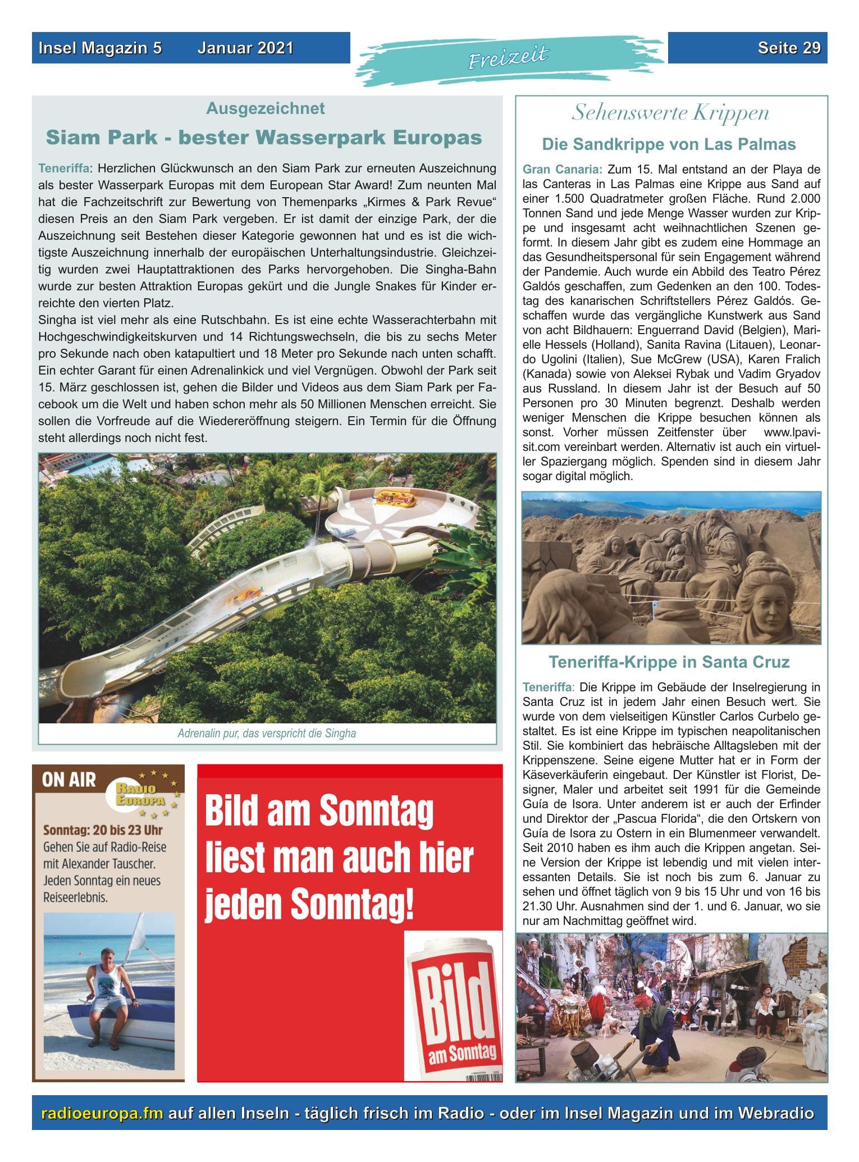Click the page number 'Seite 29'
click(x=788, y=48)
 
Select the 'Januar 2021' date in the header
click(x=245, y=48)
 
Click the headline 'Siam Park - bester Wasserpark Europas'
click(x=264, y=138)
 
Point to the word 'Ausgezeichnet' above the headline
click(x=266, y=108)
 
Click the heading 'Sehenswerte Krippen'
click(x=670, y=113)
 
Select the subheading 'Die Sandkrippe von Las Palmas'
click(x=669, y=144)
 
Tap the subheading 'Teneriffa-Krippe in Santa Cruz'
click(x=669, y=662)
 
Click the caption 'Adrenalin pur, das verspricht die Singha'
click(x=267, y=733)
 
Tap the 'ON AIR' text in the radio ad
click(x=69, y=780)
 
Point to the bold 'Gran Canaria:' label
click(x=563, y=169)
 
